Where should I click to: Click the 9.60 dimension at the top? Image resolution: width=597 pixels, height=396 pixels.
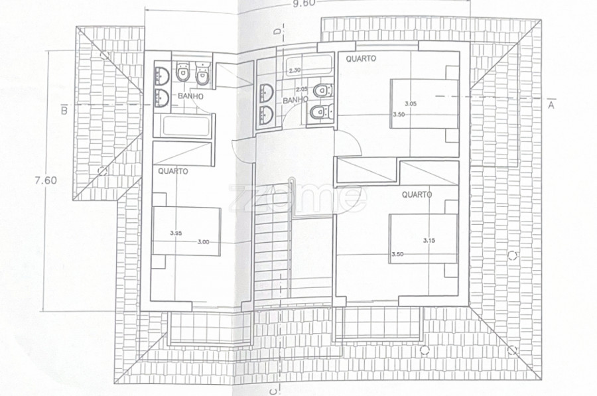pyautogui.click(x=304, y=3)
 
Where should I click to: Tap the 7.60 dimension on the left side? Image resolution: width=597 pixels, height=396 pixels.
pyautogui.click(x=46, y=180)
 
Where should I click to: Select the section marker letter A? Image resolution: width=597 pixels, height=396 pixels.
pyautogui.click(x=551, y=105)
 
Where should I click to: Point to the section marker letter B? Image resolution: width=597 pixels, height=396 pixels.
pyautogui.click(x=64, y=110)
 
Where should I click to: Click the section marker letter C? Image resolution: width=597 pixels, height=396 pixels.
pyautogui.click(x=273, y=391)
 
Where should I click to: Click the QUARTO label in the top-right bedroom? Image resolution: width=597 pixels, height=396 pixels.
pyautogui.click(x=361, y=58)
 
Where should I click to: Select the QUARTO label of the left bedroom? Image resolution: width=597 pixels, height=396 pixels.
pyautogui.click(x=173, y=171)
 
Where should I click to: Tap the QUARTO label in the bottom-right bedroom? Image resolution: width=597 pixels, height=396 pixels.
pyautogui.click(x=417, y=194)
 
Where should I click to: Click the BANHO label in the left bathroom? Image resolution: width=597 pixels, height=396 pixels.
pyautogui.click(x=191, y=96)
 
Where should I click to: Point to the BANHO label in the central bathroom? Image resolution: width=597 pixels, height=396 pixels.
pyautogui.click(x=295, y=99)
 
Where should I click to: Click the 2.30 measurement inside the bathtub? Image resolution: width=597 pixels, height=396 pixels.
pyautogui.click(x=295, y=70)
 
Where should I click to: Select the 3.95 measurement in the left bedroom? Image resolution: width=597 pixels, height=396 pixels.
pyautogui.click(x=176, y=233)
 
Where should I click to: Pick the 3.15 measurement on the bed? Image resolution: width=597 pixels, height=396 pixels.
pyautogui.click(x=429, y=240)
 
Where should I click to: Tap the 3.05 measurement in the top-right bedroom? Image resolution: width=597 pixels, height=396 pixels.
pyautogui.click(x=411, y=103)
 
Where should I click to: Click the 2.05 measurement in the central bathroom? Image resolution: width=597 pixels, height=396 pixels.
pyautogui.click(x=302, y=89)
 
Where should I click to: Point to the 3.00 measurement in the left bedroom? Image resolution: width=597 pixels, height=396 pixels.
pyautogui.click(x=204, y=242)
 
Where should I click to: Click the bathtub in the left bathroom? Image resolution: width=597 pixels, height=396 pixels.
pyautogui.click(x=186, y=126)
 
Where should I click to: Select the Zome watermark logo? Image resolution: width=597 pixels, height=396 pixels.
pyautogui.click(x=298, y=196)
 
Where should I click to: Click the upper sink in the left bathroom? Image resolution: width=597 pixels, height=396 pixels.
pyautogui.click(x=163, y=75)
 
